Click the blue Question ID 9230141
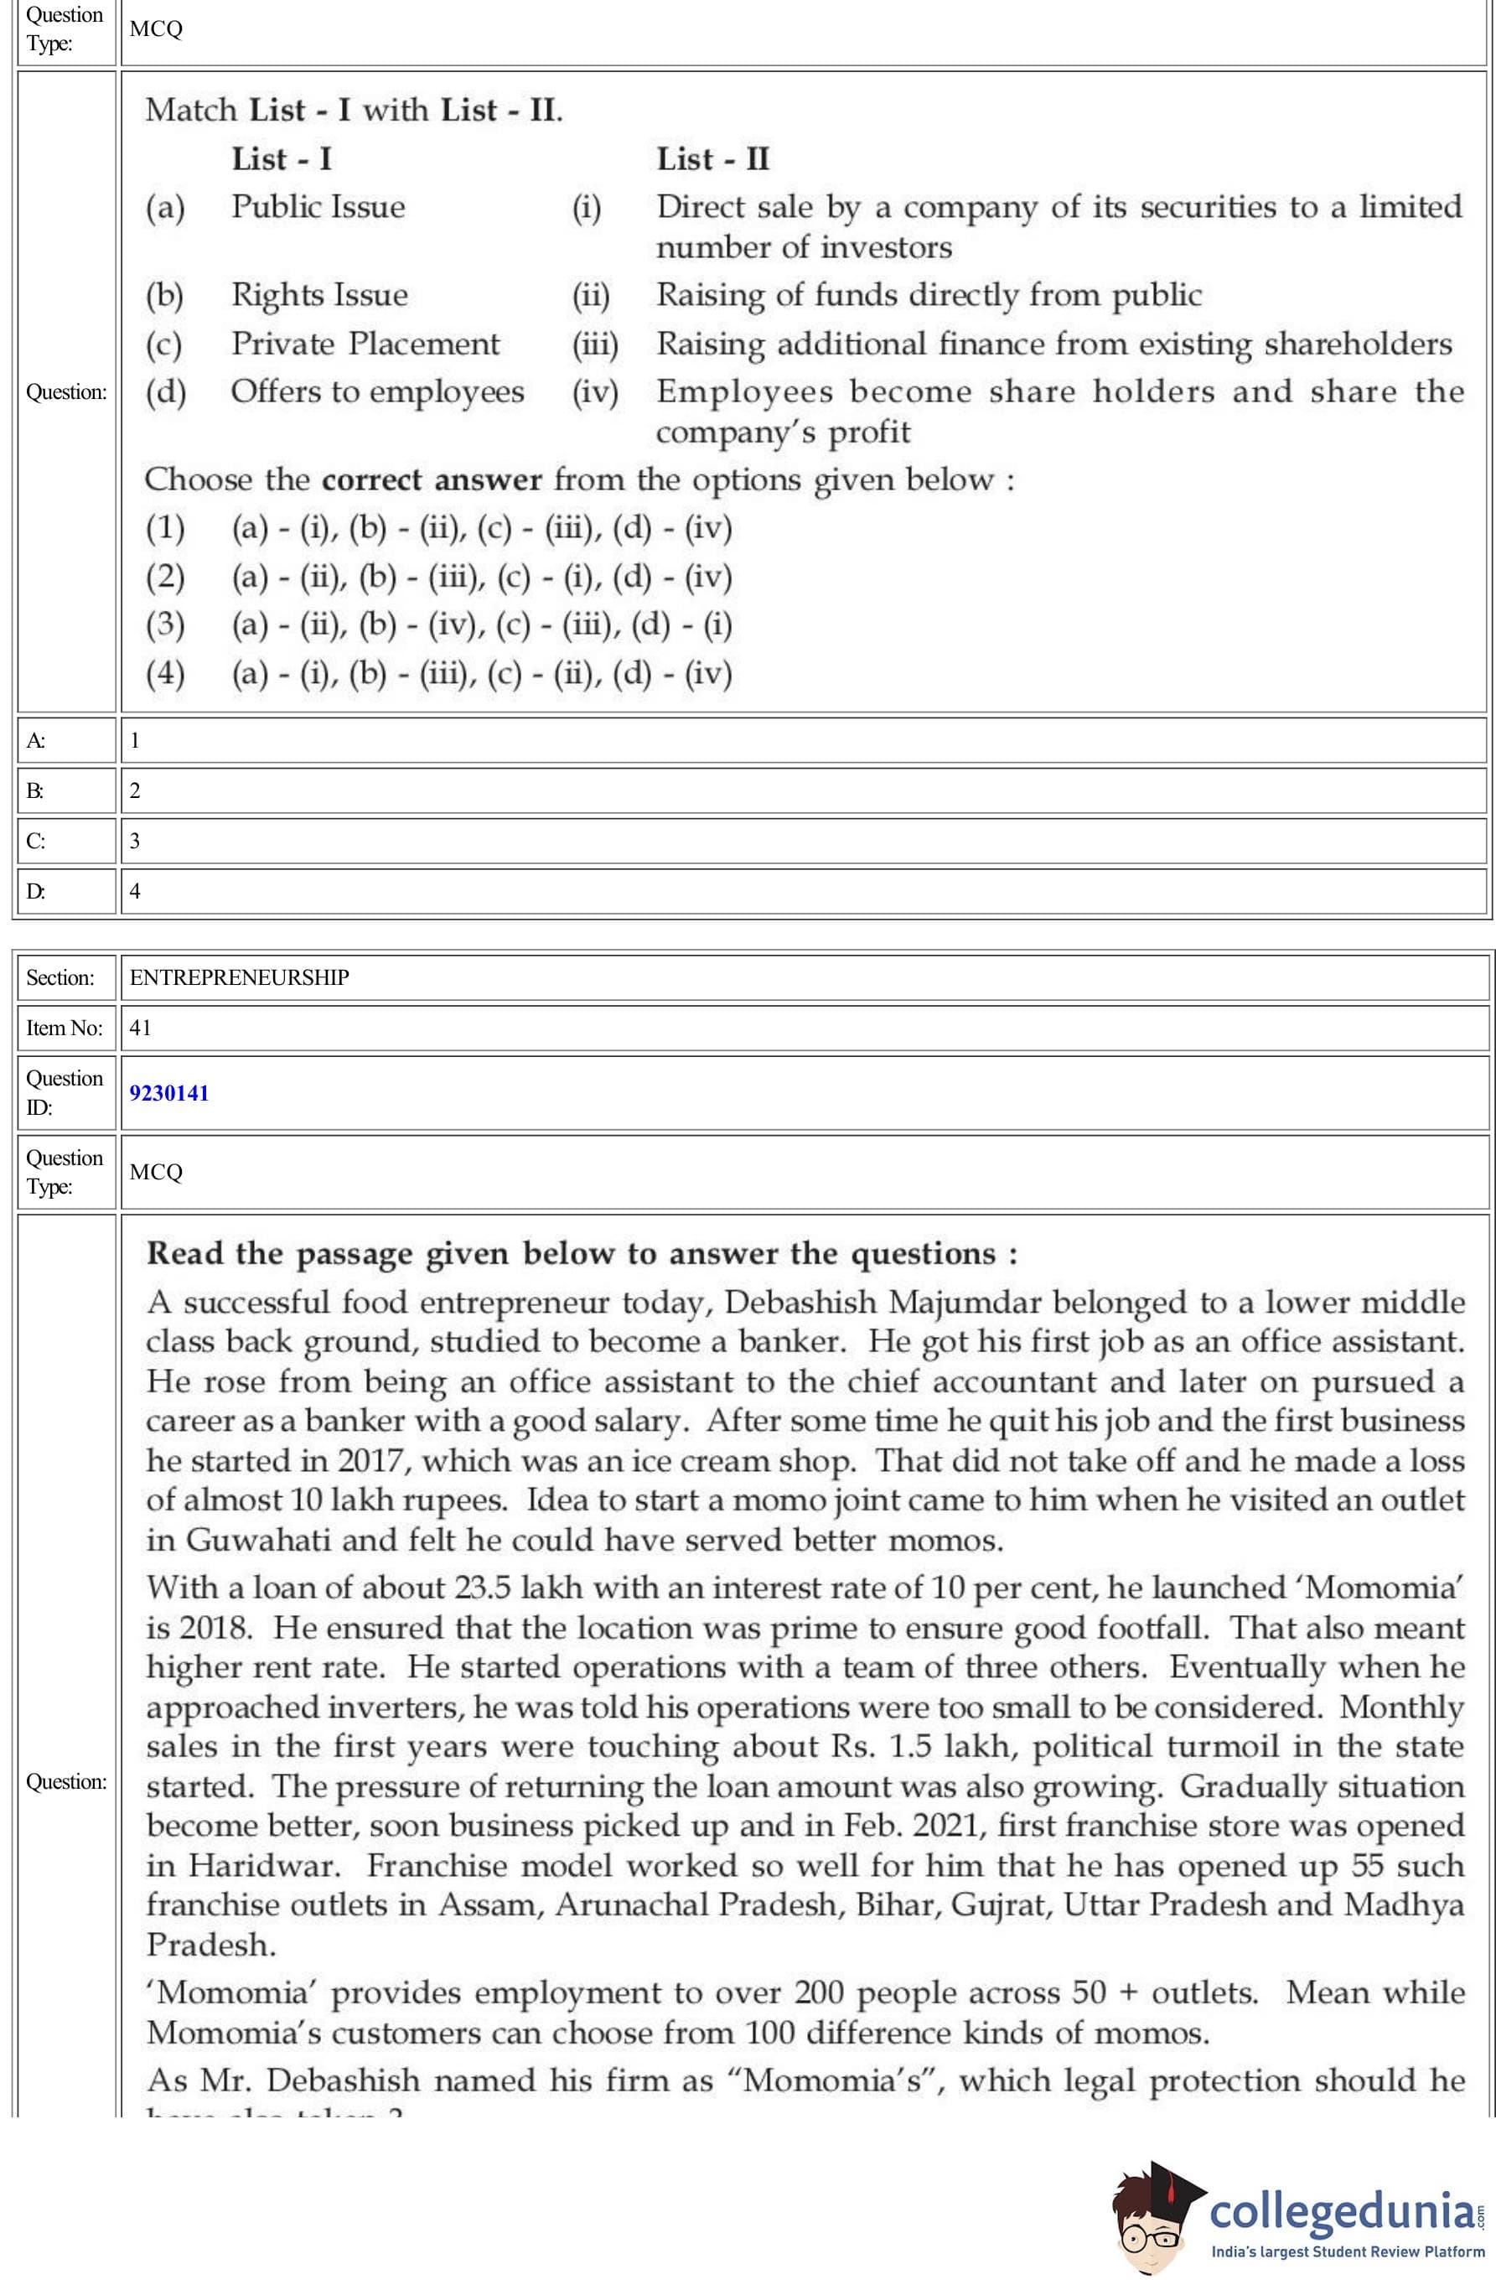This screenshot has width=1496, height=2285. tap(169, 1092)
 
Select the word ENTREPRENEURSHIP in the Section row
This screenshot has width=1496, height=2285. tap(239, 977)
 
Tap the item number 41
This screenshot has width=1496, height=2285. tap(140, 1028)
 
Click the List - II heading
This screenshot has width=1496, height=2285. tap(712, 159)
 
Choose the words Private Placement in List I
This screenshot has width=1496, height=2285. tap(365, 344)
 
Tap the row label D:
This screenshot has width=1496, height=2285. tap(35, 891)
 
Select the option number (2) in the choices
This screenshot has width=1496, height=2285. tap(165, 576)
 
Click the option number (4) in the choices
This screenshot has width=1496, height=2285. tap(165, 673)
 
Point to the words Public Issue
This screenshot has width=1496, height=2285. tap(318, 207)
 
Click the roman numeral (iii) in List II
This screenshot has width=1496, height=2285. tap(595, 344)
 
